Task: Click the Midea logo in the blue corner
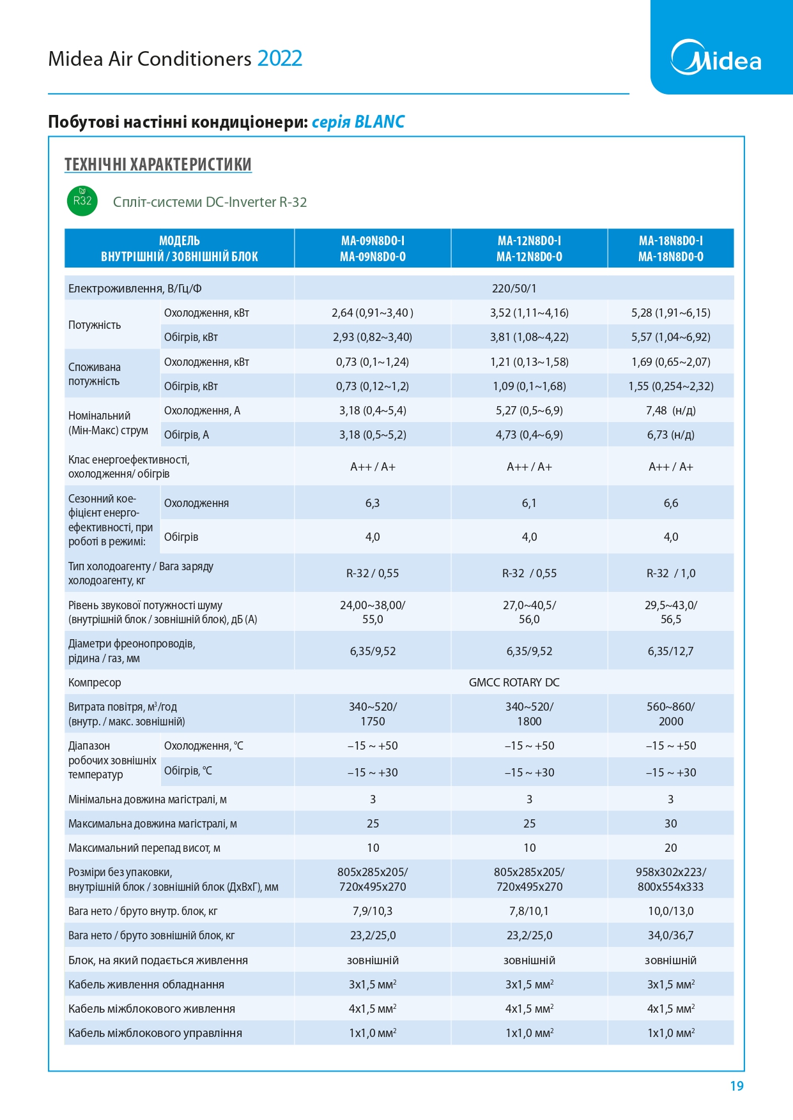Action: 716,57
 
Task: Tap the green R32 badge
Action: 82,201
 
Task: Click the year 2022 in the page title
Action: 280,59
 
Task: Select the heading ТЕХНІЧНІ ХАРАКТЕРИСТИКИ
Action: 158,164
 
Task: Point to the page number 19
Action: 737,1086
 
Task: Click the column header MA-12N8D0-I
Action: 529,241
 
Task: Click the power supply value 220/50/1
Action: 514,289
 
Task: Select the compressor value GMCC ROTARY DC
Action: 514,683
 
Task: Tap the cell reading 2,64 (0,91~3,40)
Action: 373,313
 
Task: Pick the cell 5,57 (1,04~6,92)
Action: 671,337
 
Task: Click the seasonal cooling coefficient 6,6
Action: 671,503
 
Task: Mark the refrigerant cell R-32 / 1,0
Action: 671,573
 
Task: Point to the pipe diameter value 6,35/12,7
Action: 671,651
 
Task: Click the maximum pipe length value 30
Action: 671,824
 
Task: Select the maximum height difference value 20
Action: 671,848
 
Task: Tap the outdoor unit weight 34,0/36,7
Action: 671,935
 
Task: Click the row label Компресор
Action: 95,683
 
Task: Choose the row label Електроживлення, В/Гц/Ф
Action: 135,289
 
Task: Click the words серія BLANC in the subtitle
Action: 358,122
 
